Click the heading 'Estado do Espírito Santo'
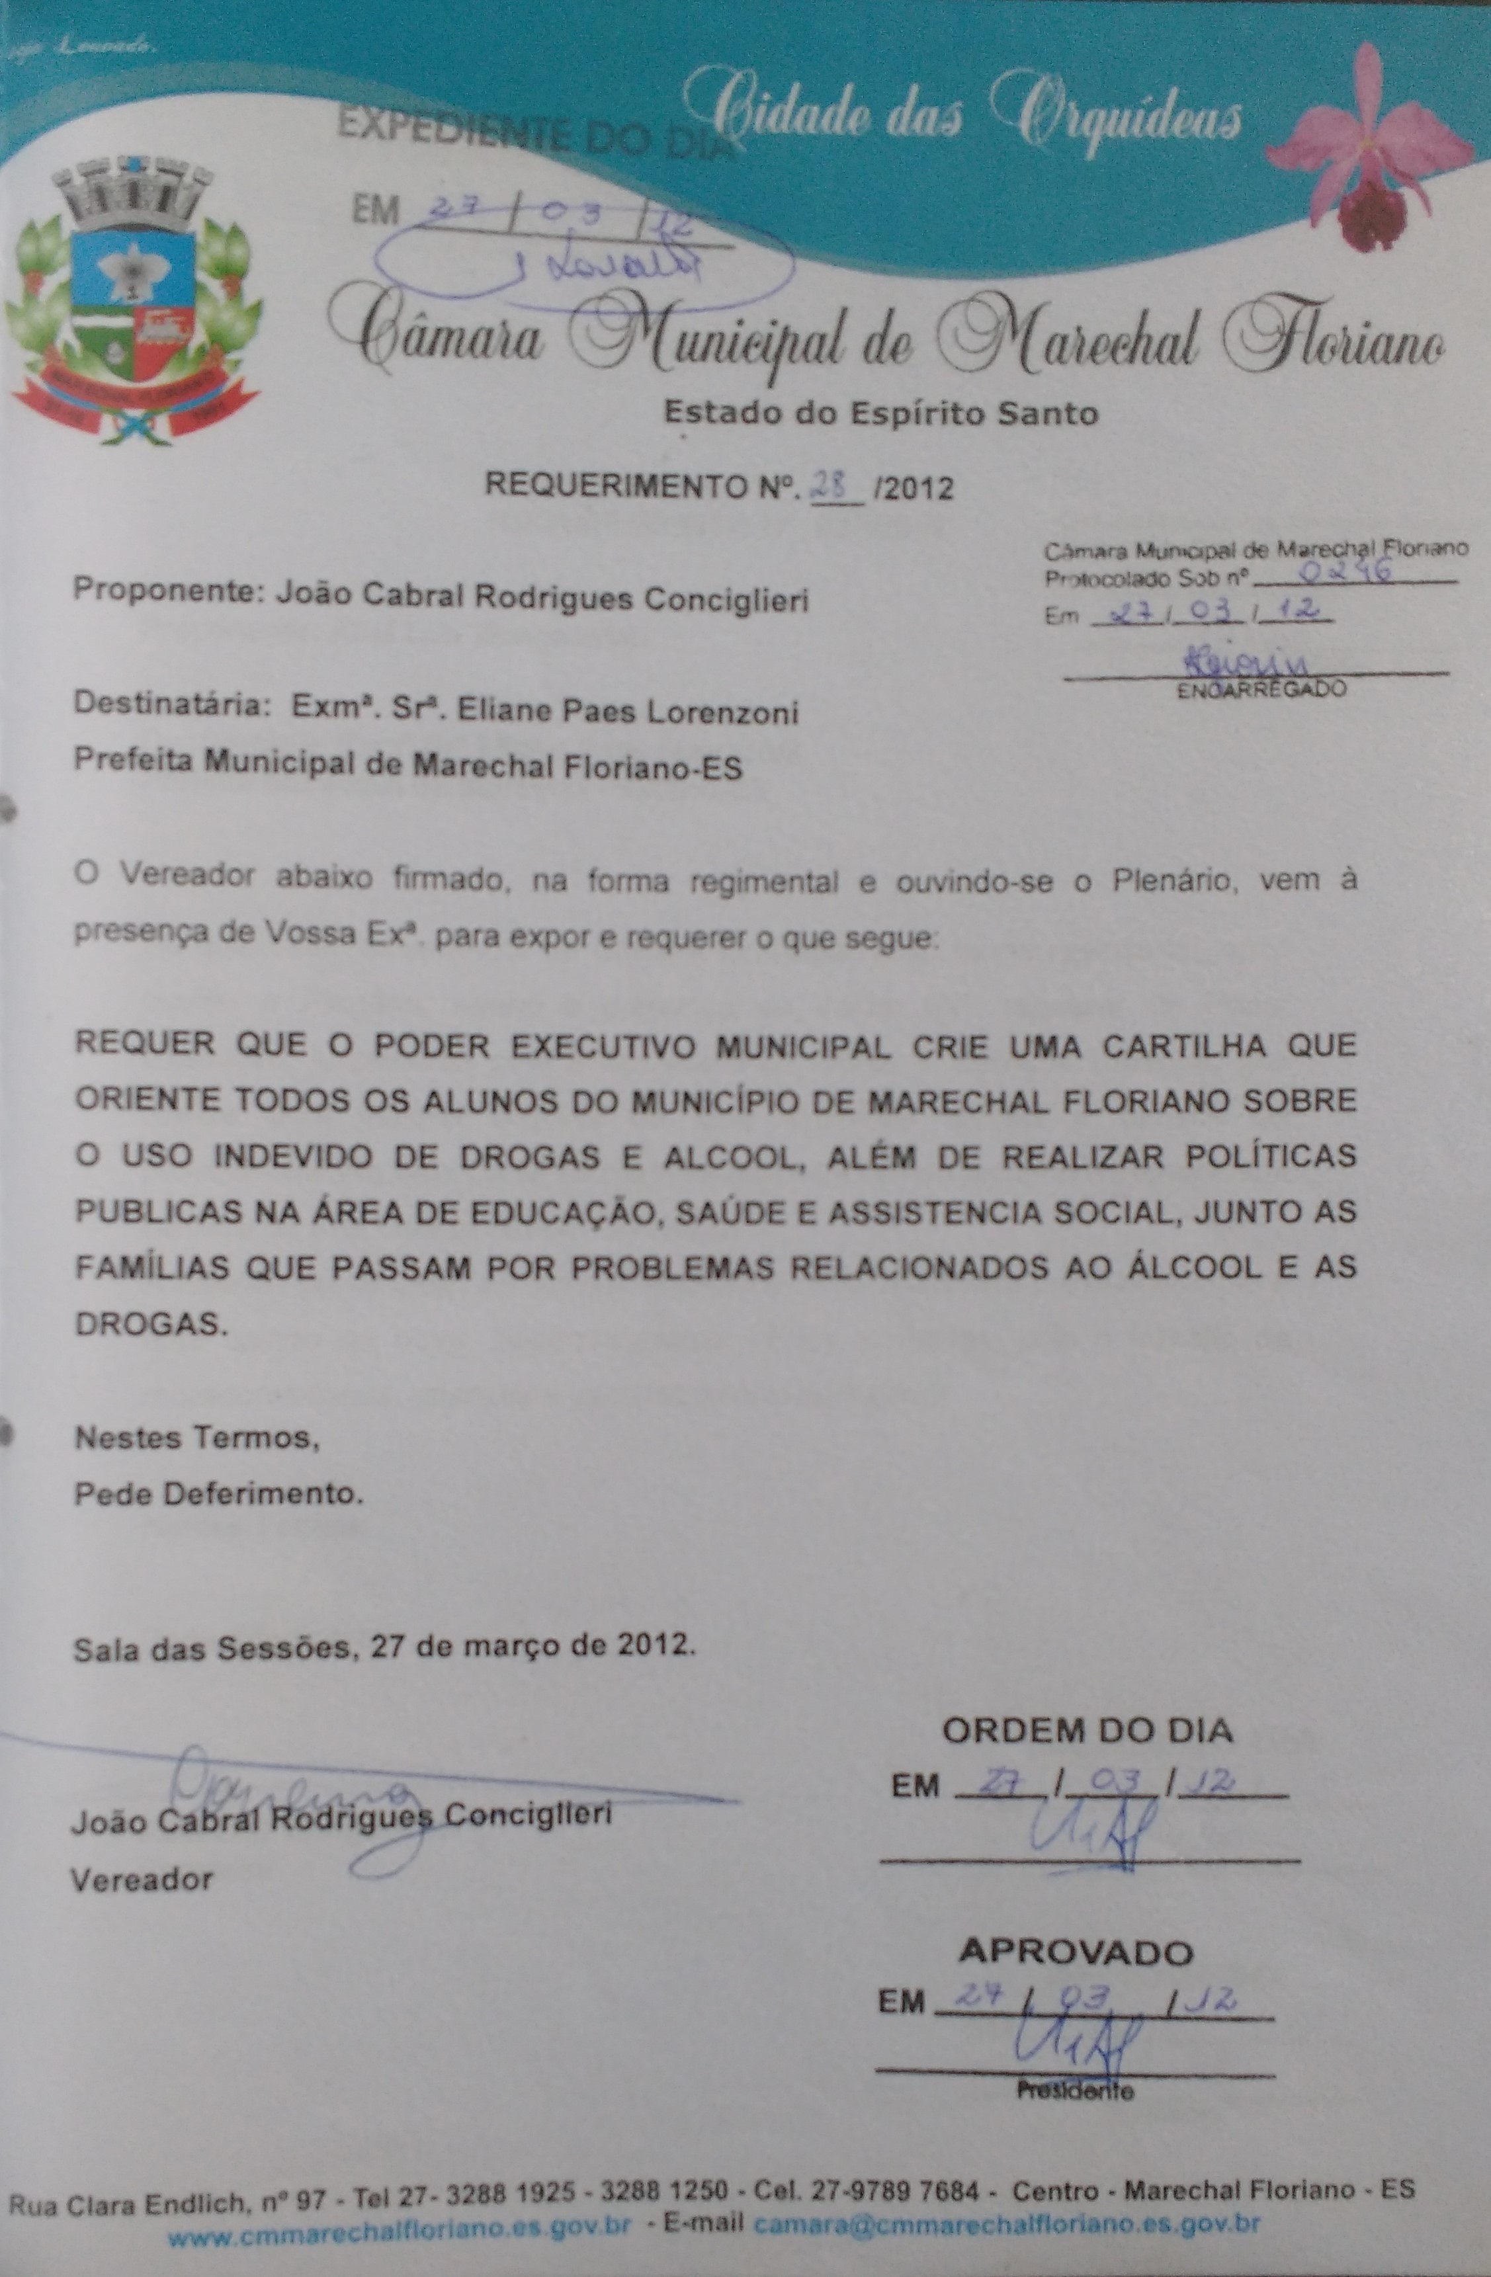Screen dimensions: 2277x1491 point(880,413)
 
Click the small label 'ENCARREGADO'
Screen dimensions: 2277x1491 point(1261,689)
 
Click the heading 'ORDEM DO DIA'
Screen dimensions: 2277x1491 point(1088,1730)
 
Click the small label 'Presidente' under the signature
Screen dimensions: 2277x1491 point(1075,2091)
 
